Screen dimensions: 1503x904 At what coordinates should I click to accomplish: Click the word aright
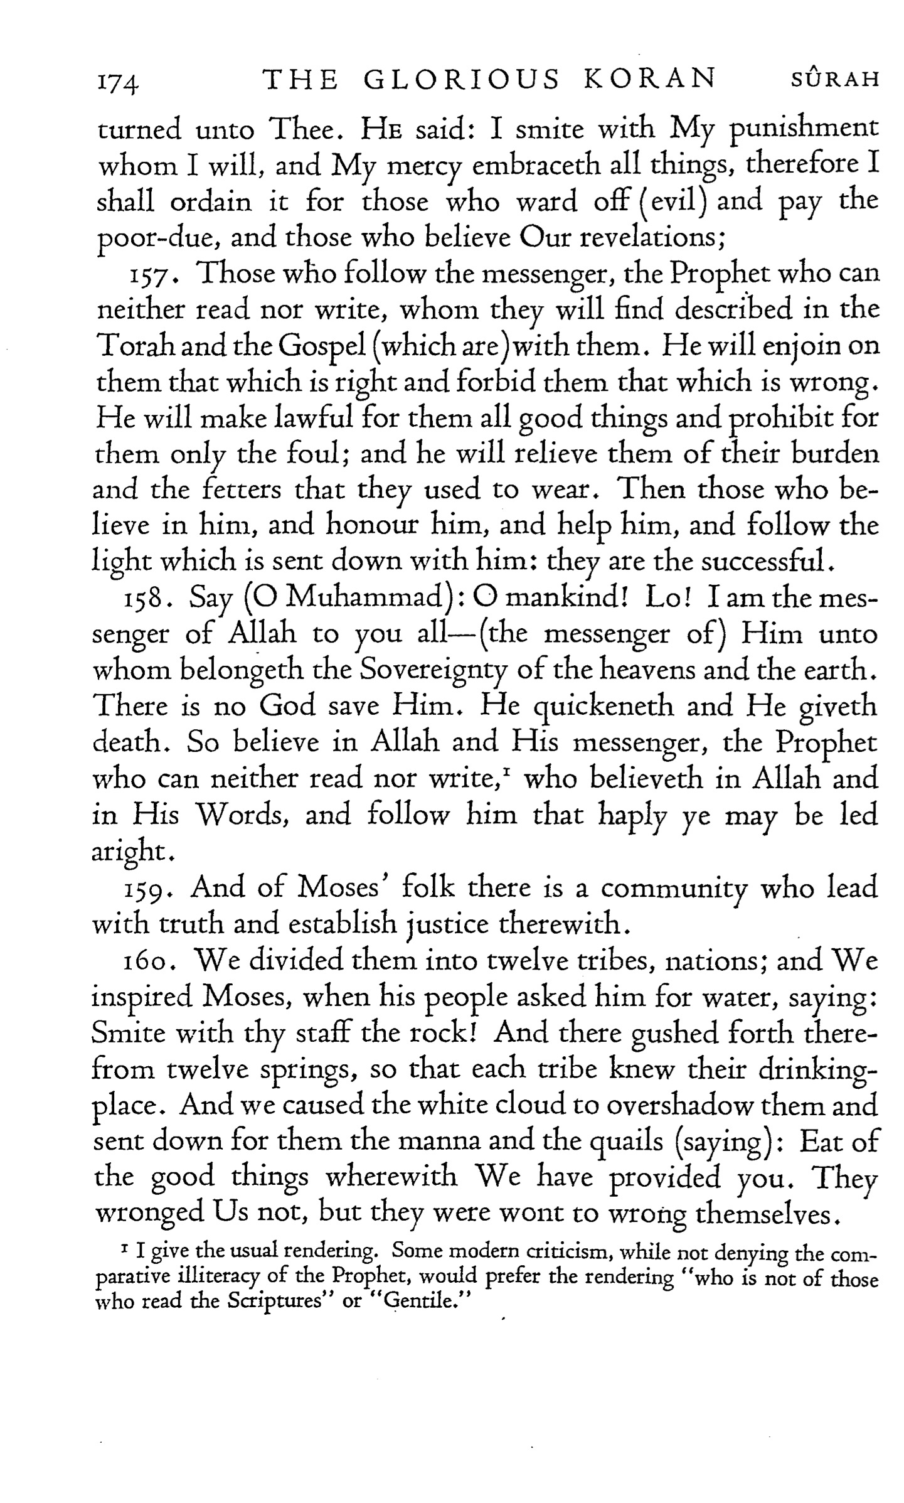tap(130, 853)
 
